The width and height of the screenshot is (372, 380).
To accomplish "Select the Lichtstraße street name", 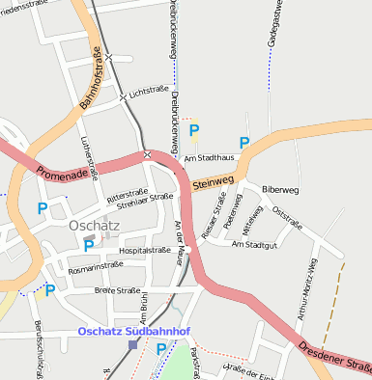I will click(x=149, y=90).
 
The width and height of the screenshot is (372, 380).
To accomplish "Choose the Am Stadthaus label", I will click(x=210, y=157).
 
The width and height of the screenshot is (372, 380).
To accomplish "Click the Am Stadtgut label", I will click(x=255, y=244).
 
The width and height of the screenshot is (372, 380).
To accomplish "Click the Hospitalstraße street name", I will click(x=144, y=250).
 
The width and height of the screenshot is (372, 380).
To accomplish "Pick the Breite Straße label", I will click(x=118, y=290).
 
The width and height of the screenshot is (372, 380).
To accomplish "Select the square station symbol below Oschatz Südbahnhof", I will click(x=132, y=344).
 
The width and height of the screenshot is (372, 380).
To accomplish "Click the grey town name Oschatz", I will click(x=95, y=225).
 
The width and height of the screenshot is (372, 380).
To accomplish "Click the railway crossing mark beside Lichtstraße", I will click(x=122, y=97).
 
